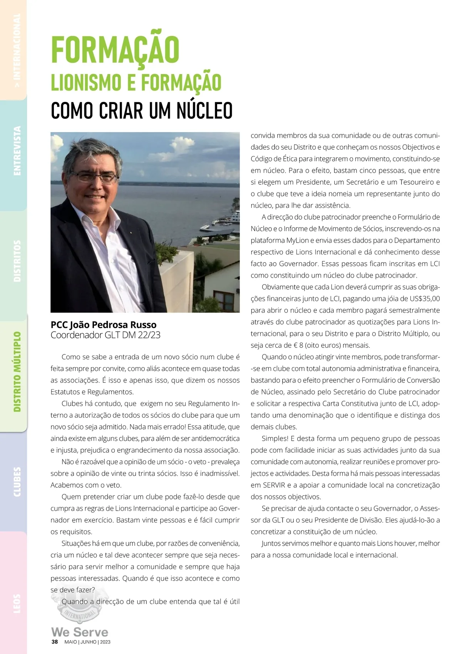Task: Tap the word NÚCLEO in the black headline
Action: click(x=204, y=111)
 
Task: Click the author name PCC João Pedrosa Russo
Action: click(x=104, y=324)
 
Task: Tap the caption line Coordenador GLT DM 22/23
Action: click(x=105, y=335)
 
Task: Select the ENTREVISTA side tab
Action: click(x=17, y=151)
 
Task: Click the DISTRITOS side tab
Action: click(x=17, y=261)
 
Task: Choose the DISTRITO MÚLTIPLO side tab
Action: click(x=17, y=371)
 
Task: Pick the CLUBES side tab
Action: click(x=17, y=482)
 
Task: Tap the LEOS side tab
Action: click(x=17, y=603)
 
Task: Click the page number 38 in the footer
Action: click(x=55, y=642)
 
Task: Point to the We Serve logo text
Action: click(x=80, y=632)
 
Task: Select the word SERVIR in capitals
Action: click(x=274, y=485)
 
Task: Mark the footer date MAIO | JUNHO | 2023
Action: click(x=87, y=642)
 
